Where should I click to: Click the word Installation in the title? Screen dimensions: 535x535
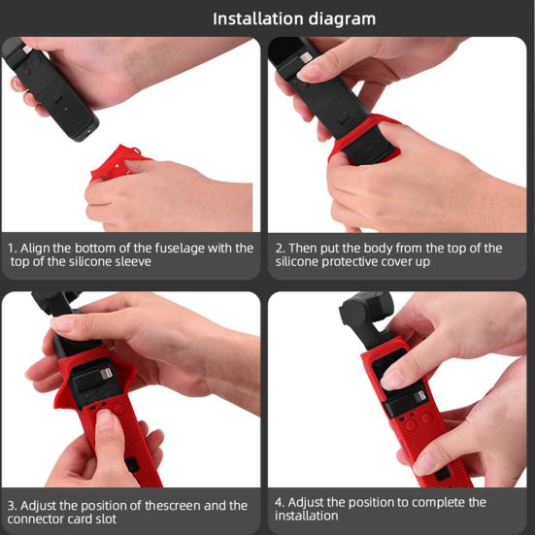(x=261, y=18)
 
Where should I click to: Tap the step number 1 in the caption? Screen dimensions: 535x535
(x=11, y=248)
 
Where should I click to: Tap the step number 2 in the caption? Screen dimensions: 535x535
(x=279, y=248)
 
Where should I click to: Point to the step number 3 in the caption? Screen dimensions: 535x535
(x=11, y=505)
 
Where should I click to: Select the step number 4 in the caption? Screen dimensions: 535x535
(x=280, y=502)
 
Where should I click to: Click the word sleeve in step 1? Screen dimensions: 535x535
(x=133, y=262)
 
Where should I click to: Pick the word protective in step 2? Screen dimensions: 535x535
(x=365, y=262)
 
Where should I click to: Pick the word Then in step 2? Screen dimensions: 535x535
(x=305, y=248)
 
